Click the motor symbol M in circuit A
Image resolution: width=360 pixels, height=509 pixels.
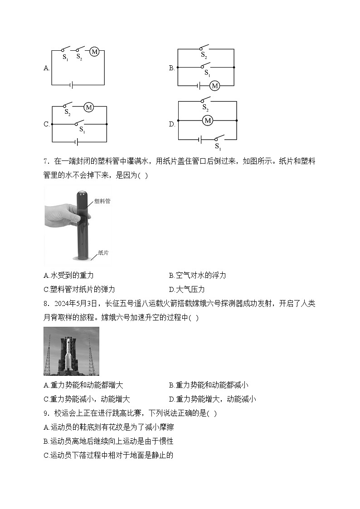pyautogui.click(x=94, y=52)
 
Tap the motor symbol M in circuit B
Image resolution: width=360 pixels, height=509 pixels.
pyautogui.click(x=214, y=85)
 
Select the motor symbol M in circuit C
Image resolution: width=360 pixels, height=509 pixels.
pyautogui.click(x=89, y=107)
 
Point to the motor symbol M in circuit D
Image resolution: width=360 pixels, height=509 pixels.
pyautogui.click(x=208, y=121)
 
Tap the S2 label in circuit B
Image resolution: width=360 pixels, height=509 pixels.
pyautogui.click(x=204, y=54)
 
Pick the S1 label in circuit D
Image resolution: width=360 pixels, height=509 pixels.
pyautogui.click(x=218, y=146)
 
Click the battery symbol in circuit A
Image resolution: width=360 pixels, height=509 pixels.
pyautogui.click(x=71, y=84)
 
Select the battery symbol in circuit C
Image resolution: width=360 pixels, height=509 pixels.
pyautogui.click(x=78, y=142)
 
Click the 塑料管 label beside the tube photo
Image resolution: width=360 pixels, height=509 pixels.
pyautogui.click(x=102, y=201)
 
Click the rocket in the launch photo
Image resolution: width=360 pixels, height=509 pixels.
pyautogui.click(x=68, y=354)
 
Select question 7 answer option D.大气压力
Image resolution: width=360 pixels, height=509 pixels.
pyautogui.click(x=187, y=289)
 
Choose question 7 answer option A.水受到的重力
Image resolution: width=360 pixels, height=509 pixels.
pyautogui.click(x=68, y=275)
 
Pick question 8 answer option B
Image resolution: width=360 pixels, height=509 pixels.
pyautogui.click(x=208, y=385)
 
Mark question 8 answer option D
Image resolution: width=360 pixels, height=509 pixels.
pyautogui.click(x=212, y=399)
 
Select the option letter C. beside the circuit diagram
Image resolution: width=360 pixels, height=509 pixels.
pyautogui.click(x=46, y=124)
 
